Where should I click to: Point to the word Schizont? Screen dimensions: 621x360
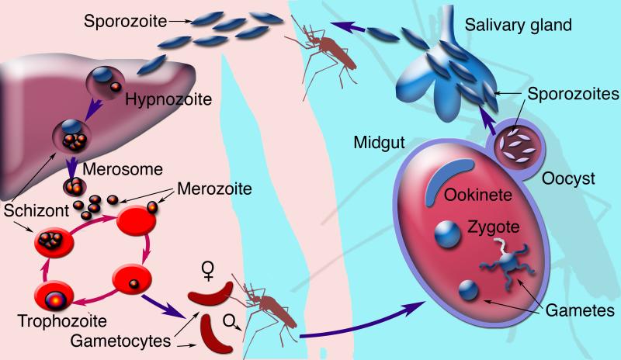tap(30, 210)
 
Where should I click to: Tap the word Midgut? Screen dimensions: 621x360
tap(378, 144)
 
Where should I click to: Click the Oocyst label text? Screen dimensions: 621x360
tap(568, 178)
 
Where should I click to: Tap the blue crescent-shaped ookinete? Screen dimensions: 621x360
tap(448, 178)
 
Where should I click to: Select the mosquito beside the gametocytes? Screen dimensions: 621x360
tap(268, 310)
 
